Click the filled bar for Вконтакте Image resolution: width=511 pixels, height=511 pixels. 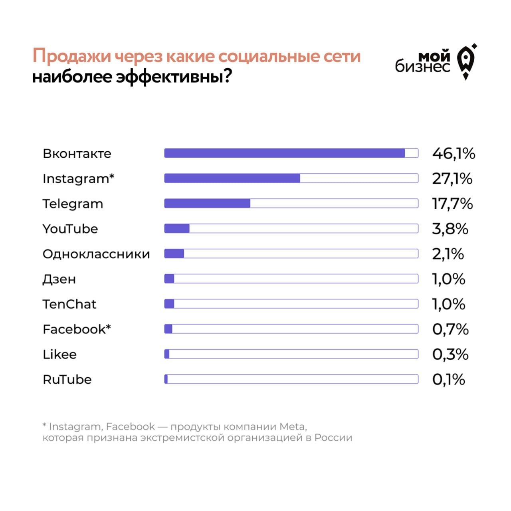click(285, 153)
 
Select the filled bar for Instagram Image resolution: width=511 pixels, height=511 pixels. click(232, 178)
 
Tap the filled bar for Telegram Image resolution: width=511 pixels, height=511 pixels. click(207, 204)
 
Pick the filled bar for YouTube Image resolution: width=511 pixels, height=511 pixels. click(177, 229)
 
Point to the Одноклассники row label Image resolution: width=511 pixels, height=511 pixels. click(96, 254)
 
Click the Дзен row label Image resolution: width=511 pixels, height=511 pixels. click(59, 279)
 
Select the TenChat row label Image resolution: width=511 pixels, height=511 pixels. click(69, 304)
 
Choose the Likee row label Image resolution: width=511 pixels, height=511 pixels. click(59, 355)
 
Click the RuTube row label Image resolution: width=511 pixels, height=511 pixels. click(67, 380)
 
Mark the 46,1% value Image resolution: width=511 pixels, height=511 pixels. click(454, 154)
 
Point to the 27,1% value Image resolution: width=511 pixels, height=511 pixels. click(452, 179)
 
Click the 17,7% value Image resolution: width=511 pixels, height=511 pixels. click(452, 204)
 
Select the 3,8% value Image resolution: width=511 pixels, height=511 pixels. click(450, 229)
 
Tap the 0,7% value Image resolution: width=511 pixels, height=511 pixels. click(450, 329)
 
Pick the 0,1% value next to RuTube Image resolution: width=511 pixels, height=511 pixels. click(448, 380)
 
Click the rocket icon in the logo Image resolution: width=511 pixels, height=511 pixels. click(466, 62)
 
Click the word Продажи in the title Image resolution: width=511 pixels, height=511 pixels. click(71, 56)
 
